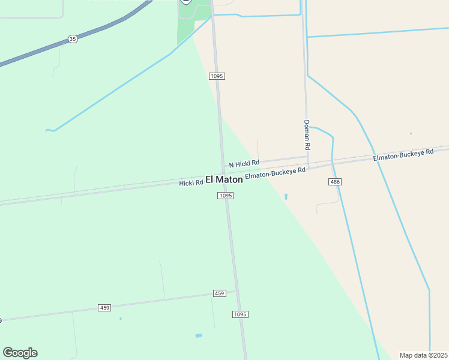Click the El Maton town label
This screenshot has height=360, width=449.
pyautogui.click(x=224, y=179)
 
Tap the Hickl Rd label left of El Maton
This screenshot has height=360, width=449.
pyautogui.click(x=191, y=182)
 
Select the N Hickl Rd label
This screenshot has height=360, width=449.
pyautogui.click(x=244, y=163)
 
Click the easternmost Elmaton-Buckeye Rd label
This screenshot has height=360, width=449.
pyautogui.click(x=403, y=155)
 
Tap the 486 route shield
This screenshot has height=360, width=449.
pyautogui.click(x=335, y=181)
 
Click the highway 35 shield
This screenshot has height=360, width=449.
pyautogui.click(x=73, y=39)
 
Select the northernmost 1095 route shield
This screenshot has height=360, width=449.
pyautogui.click(x=217, y=76)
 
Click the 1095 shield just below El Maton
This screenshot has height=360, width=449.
pyautogui.click(x=225, y=196)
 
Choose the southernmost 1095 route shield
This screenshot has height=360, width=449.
pyautogui.click(x=240, y=314)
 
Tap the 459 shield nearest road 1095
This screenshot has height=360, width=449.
pyautogui.click(x=219, y=293)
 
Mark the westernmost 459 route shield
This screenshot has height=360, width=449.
pyautogui.click(x=104, y=308)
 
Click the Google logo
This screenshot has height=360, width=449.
pyautogui.click(x=20, y=353)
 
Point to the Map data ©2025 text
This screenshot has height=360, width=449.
pyautogui.click(x=423, y=355)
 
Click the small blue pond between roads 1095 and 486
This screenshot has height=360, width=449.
pyautogui.click(x=286, y=196)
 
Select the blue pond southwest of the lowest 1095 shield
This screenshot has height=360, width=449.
pyautogui.click(x=199, y=335)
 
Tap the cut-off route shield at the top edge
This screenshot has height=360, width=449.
pyautogui.click(x=185, y=1)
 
